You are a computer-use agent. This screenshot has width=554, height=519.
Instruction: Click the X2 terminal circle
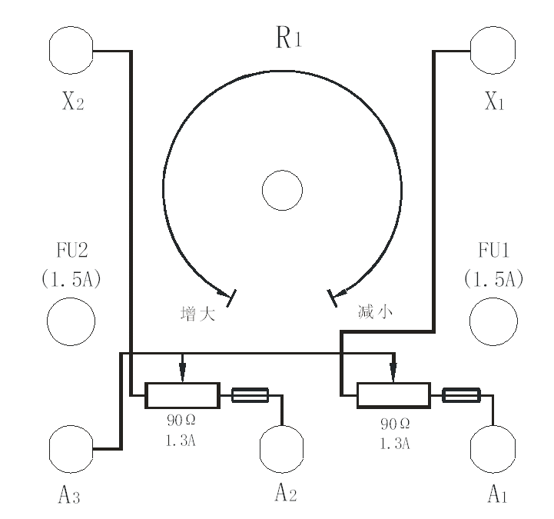(x=71, y=52)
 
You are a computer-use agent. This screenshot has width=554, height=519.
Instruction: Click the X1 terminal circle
(x=492, y=52)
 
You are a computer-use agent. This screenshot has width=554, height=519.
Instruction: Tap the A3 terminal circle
(x=71, y=448)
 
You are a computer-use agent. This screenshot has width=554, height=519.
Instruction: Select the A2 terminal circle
(x=283, y=448)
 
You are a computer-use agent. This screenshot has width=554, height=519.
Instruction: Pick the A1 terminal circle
(x=492, y=448)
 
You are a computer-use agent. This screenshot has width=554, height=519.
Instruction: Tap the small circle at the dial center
(x=282, y=190)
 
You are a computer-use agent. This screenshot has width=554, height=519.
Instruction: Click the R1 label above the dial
(x=288, y=39)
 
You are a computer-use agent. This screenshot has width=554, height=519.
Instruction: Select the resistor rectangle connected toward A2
(x=182, y=395)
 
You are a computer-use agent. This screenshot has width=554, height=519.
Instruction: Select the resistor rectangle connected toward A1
(x=393, y=395)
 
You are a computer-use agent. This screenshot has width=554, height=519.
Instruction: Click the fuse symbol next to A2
(x=250, y=395)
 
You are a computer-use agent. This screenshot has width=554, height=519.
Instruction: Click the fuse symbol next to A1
(x=461, y=395)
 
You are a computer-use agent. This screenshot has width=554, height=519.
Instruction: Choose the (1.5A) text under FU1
(x=493, y=278)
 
